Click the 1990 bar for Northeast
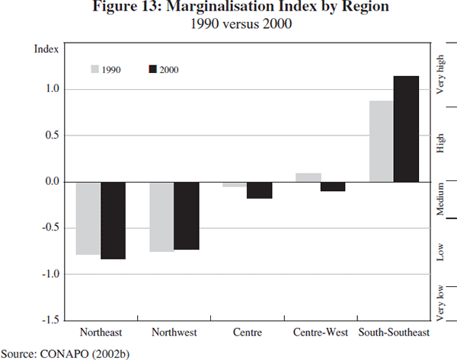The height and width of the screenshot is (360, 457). (x=88, y=218)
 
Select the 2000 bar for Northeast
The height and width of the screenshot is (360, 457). (x=113, y=221)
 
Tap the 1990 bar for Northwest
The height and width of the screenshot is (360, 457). (x=161, y=217)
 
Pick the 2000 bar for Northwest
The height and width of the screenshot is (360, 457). (x=186, y=216)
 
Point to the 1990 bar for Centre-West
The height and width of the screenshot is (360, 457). (x=308, y=177)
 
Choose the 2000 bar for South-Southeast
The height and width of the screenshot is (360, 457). (x=406, y=129)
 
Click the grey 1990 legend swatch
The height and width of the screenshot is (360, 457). (x=95, y=69)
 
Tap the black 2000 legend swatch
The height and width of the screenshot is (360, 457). (x=152, y=69)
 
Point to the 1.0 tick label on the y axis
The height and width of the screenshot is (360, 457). (x=52, y=89)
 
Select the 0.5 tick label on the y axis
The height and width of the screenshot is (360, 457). (x=52, y=135)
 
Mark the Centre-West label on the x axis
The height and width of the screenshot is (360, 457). (x=319, y=333)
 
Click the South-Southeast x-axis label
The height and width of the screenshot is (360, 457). (x=394, y=333)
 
